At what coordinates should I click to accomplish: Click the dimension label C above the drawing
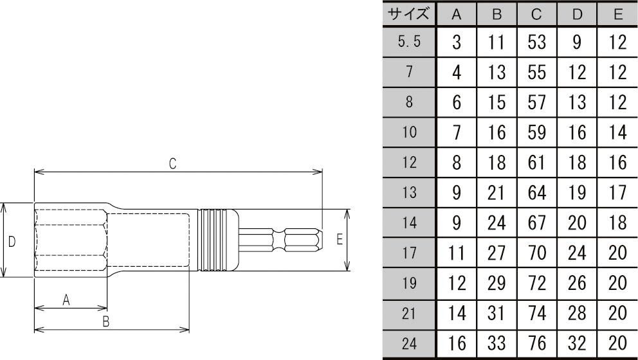click(172, 164)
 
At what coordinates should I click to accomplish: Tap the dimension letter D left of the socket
click(12, 242)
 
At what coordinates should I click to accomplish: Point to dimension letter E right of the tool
click(340, 240)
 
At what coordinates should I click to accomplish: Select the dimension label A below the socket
click(66, 300)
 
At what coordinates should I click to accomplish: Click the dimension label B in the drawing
click(105, 322)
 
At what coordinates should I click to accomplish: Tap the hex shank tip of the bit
click(321, 240)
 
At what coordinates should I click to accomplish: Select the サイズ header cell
click(408, 15)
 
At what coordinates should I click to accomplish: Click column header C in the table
click(536, 15)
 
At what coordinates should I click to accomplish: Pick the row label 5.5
click(409, 42)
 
